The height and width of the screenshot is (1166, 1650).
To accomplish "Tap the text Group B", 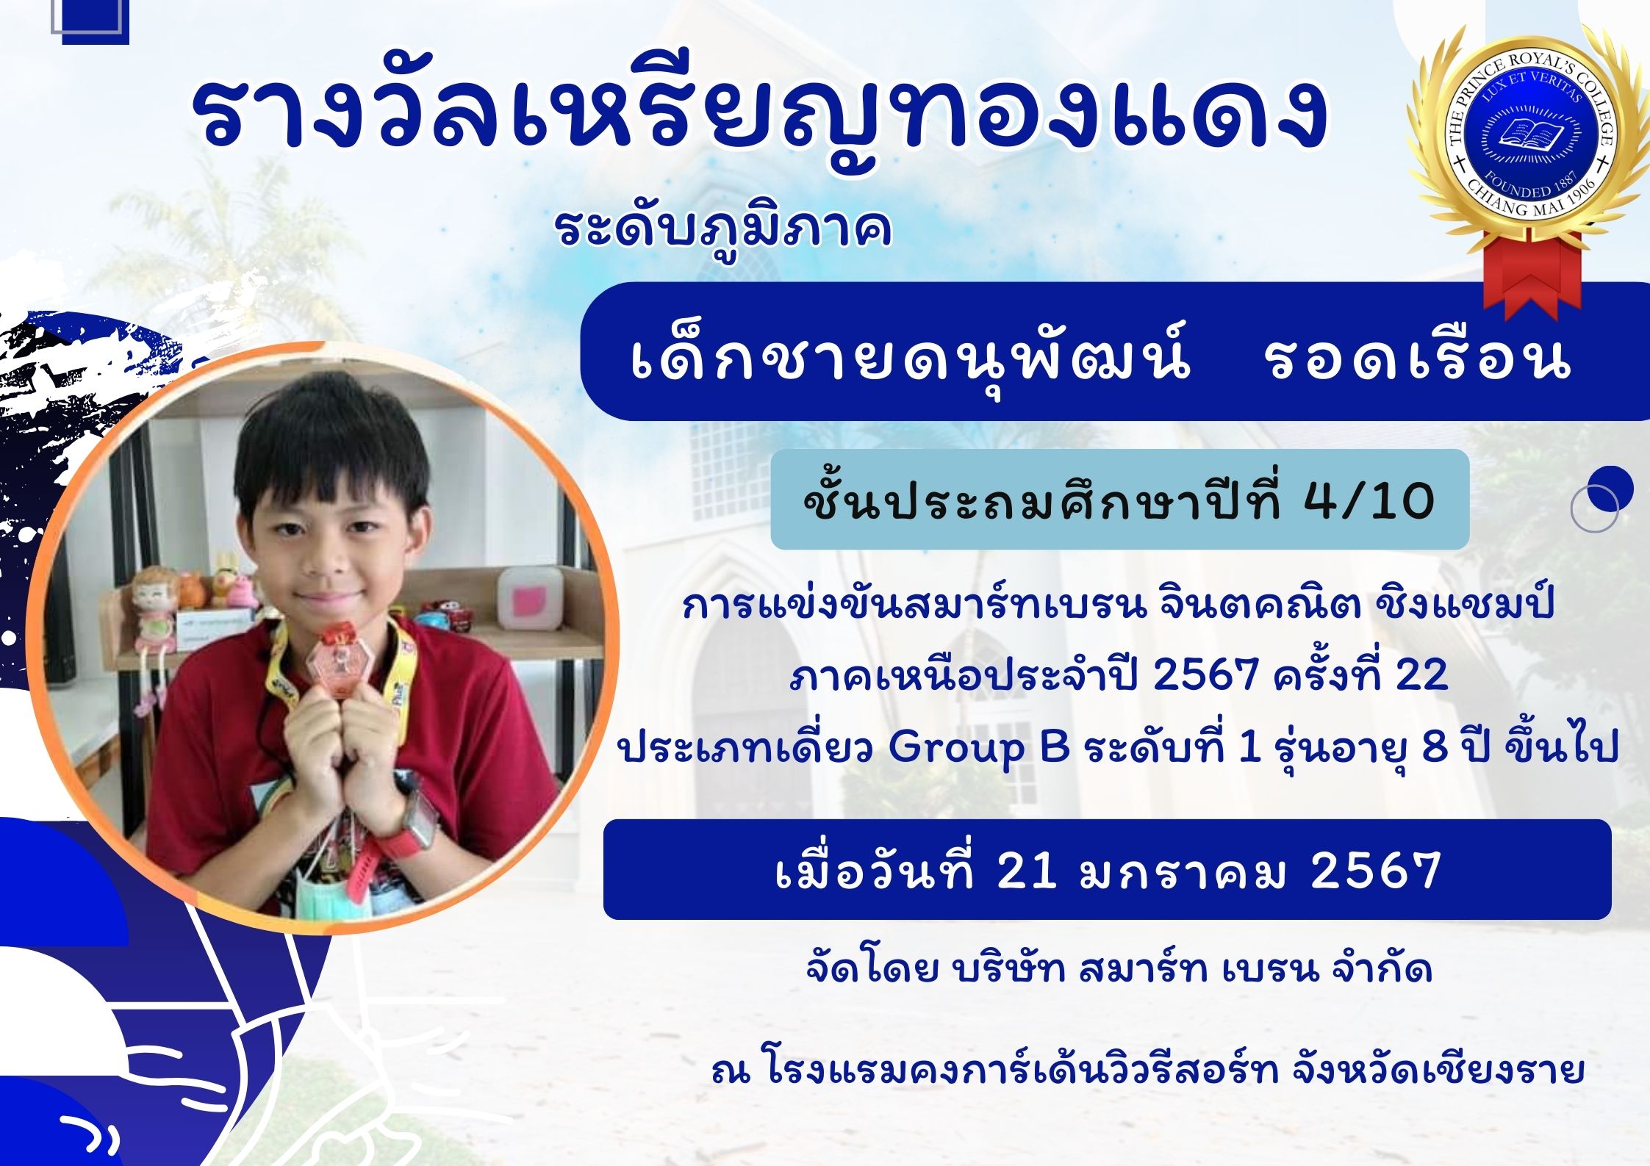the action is coord(979,748).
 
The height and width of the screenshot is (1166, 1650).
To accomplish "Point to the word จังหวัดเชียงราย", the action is coord(1437,1071).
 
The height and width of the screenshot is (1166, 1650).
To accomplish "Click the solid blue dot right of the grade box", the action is coord(1610,489).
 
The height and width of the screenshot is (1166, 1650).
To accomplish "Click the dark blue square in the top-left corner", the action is coord(96,22).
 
